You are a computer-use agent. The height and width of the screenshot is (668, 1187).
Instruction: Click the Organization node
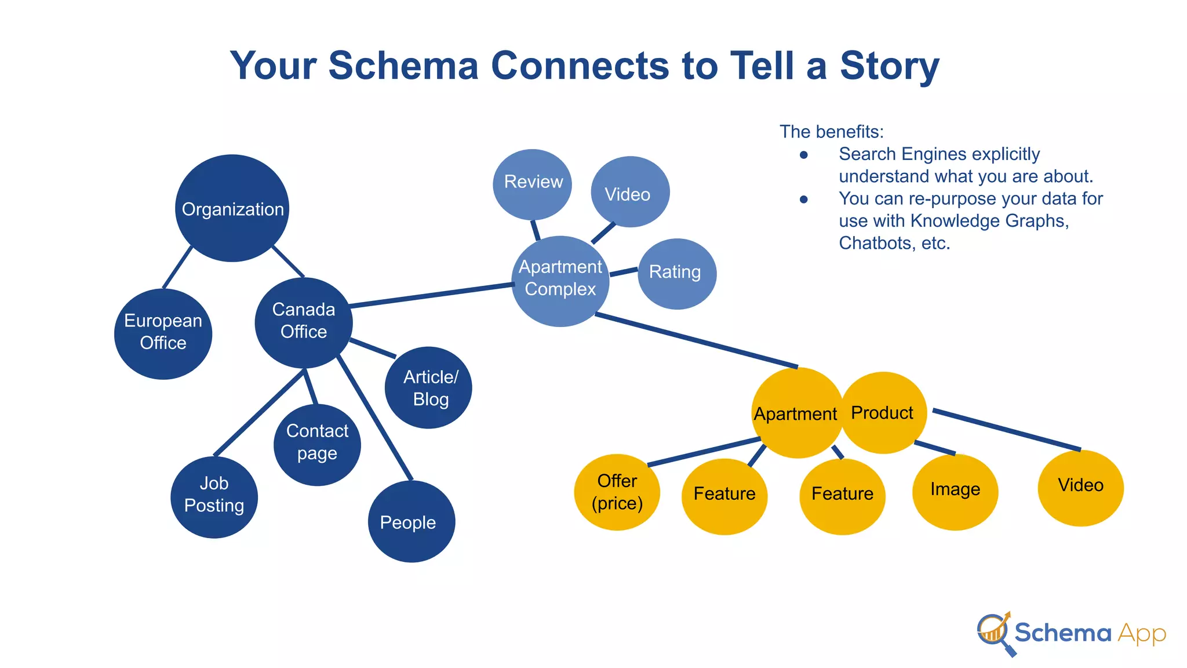(232, 208)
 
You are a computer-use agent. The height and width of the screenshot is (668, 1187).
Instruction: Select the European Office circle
(163, 334)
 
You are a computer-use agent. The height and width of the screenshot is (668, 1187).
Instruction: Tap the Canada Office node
(303, 322)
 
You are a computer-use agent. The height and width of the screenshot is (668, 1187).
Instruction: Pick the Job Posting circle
(214, 497)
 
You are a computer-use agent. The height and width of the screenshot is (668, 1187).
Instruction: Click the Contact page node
(317, 444)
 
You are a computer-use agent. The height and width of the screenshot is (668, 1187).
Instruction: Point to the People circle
(411, 521)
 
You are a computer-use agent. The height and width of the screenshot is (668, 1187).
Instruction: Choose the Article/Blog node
(428, 387)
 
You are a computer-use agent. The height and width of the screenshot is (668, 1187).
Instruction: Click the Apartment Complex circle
(560, 281)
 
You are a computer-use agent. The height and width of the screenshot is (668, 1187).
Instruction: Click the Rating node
(677, 273)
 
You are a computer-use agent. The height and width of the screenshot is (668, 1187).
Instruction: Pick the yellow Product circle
(883, 412)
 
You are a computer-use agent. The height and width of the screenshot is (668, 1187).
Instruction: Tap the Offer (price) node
(617, 492)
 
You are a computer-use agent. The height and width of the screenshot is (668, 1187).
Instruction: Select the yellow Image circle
(955, 491)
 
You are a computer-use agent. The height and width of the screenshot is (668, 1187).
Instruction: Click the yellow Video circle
(1080, 488)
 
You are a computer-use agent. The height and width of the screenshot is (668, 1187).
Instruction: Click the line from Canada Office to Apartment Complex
(432, 295)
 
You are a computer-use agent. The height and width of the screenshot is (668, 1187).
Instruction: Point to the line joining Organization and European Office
(177, 267)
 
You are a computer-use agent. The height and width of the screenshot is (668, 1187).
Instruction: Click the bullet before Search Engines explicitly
(803, 155)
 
